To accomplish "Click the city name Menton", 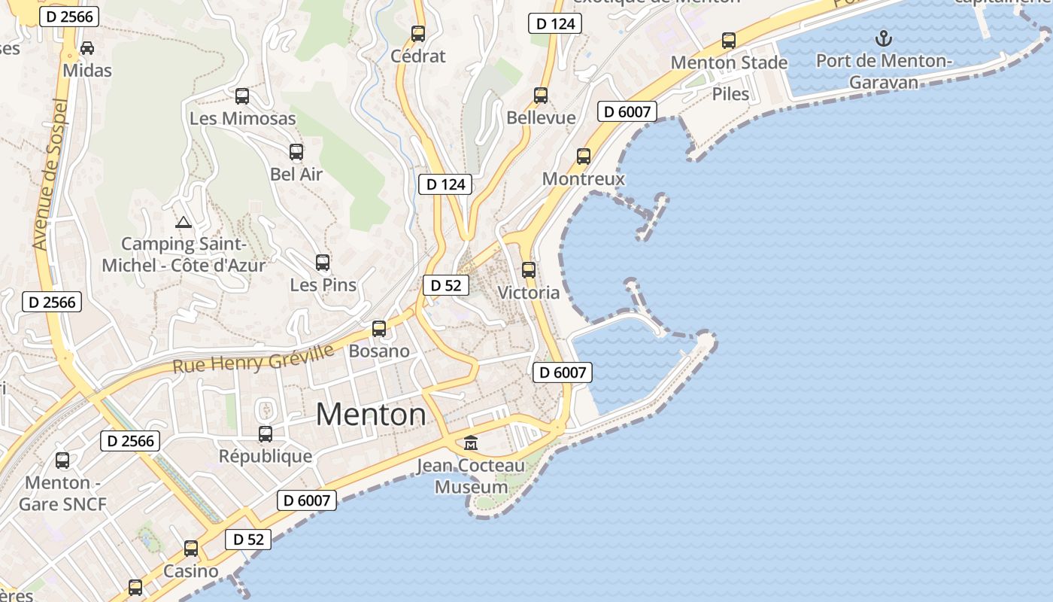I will [371, 415].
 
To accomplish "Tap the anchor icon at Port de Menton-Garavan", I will [884, 38].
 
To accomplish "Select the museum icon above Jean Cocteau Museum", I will [471, 442].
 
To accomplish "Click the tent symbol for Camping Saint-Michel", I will [184, 222].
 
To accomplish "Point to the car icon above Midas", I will [87, 48].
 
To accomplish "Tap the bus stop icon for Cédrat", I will [418, 34].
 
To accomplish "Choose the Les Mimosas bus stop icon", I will [242, 96].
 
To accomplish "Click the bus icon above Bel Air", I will [296, 152].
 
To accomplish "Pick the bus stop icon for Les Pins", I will [323, 263].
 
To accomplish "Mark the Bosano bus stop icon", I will [379, 329].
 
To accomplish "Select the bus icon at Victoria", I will [529, 270].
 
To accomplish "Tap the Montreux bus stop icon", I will [584, 157].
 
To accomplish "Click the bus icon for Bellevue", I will [541, 96].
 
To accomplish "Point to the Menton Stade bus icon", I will [729, 41].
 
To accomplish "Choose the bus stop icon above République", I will [266, 434].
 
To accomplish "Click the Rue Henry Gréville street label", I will [253, 360].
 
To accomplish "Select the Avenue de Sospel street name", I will [51, 175].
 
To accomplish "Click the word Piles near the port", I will [730, 94].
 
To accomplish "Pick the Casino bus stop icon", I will [191, 549].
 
